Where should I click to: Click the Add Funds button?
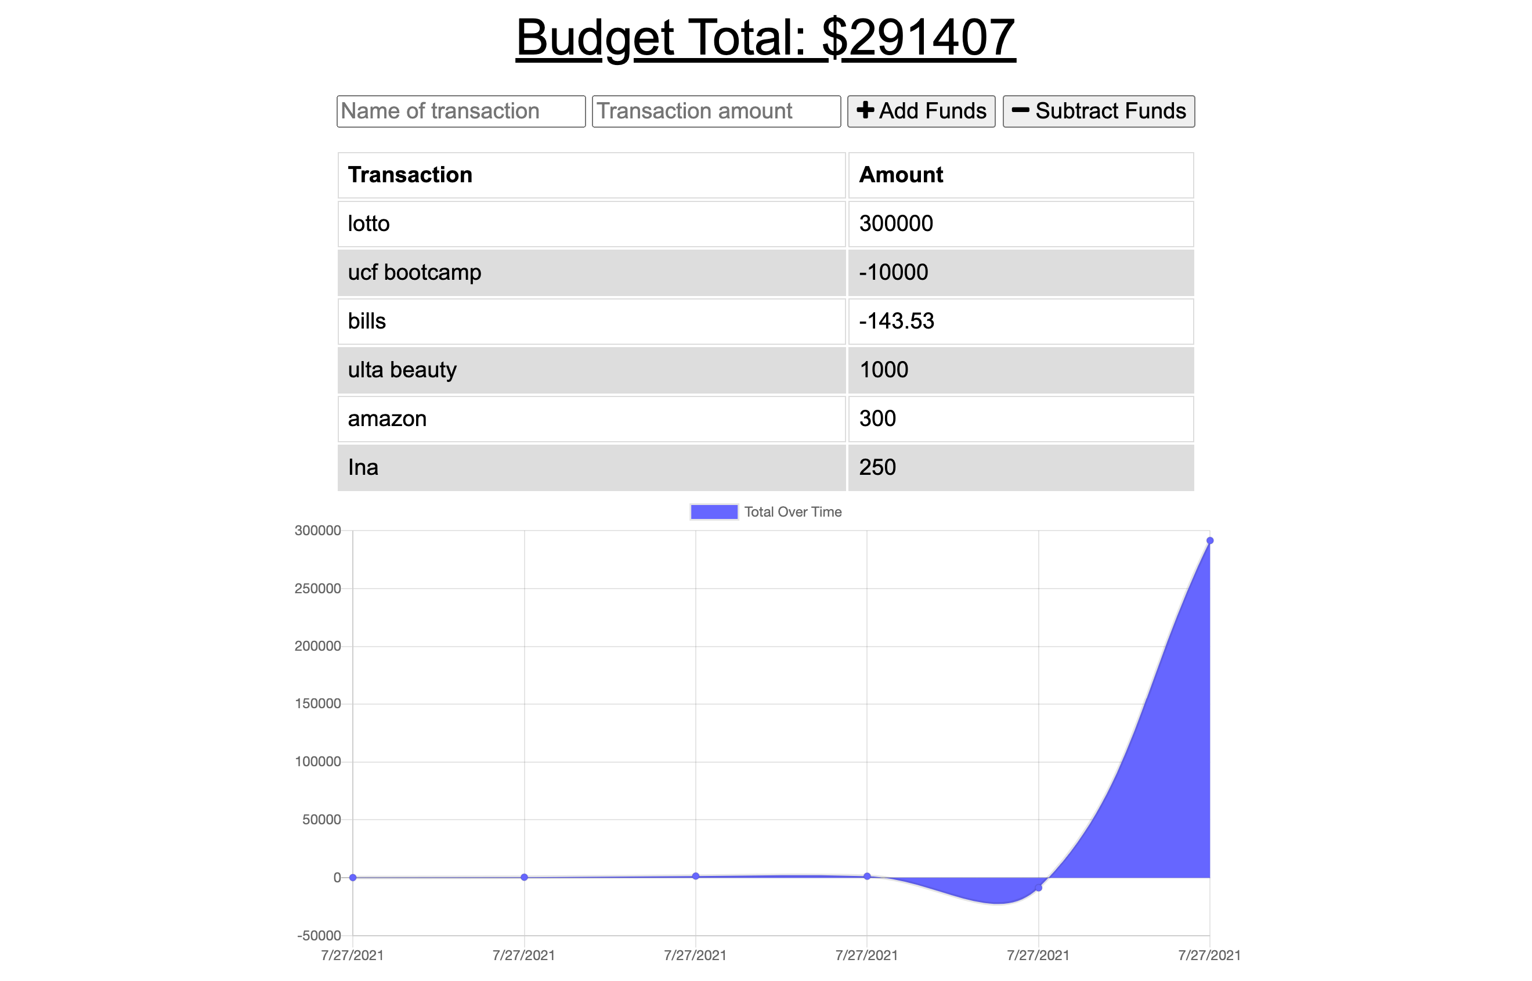pos(921,111)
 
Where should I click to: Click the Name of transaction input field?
pos(460,111)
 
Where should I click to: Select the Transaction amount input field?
pos(716,111)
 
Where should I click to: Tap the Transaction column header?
pos(410,175)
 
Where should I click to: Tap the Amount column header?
pos(901,175)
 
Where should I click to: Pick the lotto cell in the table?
pos(368,223)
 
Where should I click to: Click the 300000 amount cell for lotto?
pos(896,223)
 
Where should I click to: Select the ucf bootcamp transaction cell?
pos(414,273)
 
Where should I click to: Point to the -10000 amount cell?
pos(893,273)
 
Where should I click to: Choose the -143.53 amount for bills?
pos(897,321)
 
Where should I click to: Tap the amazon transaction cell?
pos(387,419)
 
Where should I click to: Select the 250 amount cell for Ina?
pos(877,467)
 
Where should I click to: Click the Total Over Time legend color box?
pos(714,512)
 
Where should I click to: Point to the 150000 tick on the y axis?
pos(318,704)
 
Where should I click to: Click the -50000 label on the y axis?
pos(319,936)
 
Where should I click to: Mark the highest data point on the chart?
pos(1210,541)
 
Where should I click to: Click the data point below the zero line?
pos(1039,888)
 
